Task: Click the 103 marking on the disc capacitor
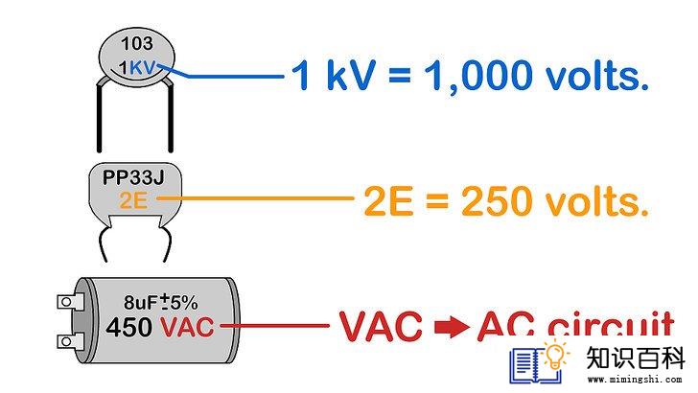click(137, 44)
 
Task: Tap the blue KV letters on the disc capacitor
click(143, 68)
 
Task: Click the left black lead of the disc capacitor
click(100, 115)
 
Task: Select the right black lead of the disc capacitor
click(170, 116)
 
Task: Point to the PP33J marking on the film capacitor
click(133, 177)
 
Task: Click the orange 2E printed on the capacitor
click(133, 199)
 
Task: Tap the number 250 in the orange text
click(497, 201)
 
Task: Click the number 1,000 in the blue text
click(478, 76)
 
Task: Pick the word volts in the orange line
click(597, 200)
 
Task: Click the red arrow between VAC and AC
click(452, 327)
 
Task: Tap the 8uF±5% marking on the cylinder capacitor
click(160, 302)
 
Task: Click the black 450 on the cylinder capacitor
click(129, 327)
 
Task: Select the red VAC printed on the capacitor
click(187, 327)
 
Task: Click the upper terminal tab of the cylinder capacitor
click(70, 302)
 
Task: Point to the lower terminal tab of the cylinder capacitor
click(70, 341)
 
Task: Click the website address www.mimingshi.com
click(635, 380)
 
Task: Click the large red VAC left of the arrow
click(381, 327)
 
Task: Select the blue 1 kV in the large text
click(333, 75)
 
